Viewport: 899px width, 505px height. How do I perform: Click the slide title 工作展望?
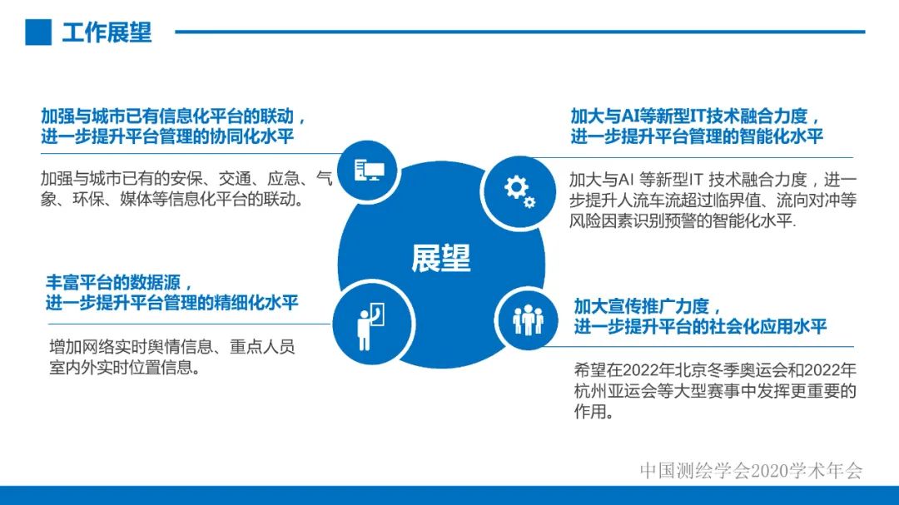point(107,32)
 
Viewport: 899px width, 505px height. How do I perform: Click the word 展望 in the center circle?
point(440,259)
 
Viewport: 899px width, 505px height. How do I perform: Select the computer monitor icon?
point(369,171)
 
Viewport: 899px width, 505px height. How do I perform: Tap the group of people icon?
point(527,319)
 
